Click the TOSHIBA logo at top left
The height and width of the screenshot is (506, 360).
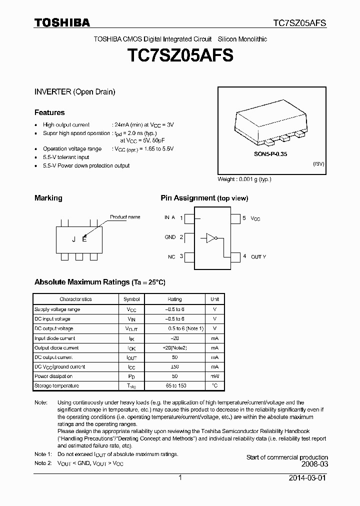pos(62,22)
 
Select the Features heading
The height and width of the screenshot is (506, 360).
pos(49,112)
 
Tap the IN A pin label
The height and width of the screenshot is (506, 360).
pos(169,217)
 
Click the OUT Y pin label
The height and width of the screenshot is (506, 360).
pos(258,256)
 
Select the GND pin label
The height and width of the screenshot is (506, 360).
pos(170,237)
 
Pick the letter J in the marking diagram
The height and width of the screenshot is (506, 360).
pos(74,239)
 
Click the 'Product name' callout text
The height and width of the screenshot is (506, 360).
pos(125,217)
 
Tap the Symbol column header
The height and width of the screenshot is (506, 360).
pos(131,299)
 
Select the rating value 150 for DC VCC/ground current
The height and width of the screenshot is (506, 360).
pos(174,366)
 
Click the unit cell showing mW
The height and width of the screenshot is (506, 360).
pos(214,376)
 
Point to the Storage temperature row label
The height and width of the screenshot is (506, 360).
pos(56,385)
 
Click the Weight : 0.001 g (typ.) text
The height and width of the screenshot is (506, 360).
pos(244,179)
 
